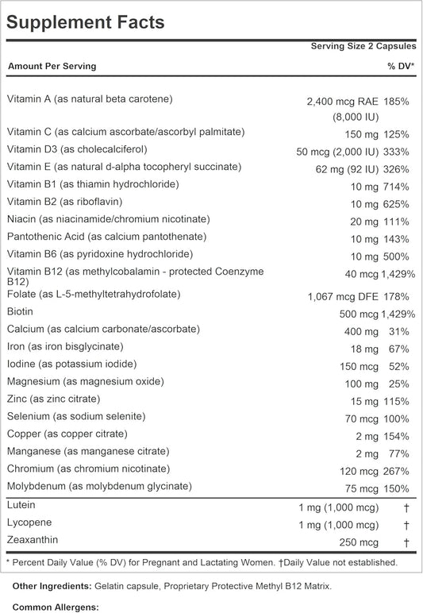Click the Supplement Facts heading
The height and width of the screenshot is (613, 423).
coord(85,22)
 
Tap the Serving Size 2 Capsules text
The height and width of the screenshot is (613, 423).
coord(363,46)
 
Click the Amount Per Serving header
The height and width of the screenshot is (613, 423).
coord(52,66)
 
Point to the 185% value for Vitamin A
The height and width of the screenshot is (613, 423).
coord(396,102)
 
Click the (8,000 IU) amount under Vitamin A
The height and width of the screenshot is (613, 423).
coord(356,117)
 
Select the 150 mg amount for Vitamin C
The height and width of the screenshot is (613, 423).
coord(361,135)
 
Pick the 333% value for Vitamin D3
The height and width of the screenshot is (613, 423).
coord(396,152)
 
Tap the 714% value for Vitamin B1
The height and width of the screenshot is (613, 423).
coord(396,187)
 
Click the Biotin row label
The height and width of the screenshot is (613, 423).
coord(20,311)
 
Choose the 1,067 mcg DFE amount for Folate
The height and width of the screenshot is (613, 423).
coord(343,297)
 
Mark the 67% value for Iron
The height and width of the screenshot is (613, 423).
coord(398,349)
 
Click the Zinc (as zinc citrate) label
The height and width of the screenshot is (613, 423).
coord(53,399)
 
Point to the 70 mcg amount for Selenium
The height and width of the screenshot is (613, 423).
coord(362,419)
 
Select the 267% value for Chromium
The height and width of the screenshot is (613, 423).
coord(396,471)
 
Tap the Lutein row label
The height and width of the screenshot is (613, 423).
coord(21,505)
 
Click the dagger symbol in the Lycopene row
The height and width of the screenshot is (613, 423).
coord(406,525)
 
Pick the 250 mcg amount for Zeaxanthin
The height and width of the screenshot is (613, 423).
coord(359,542)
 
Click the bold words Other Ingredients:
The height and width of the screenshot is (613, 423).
coord(52,587)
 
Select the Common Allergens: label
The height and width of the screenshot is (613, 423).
coord(56,607)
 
